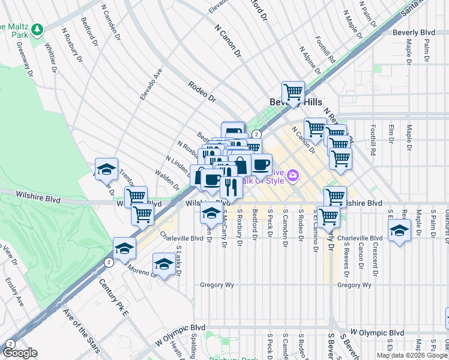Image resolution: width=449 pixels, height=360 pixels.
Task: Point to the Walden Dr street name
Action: (167, 181)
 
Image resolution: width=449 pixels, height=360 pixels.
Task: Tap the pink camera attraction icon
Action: (294, 176)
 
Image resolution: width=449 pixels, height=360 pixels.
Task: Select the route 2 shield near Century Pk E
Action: (109, 262)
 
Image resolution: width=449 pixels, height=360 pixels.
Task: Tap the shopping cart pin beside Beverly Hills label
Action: (293, 92)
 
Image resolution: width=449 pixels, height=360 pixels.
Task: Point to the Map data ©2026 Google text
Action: (411, 356)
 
